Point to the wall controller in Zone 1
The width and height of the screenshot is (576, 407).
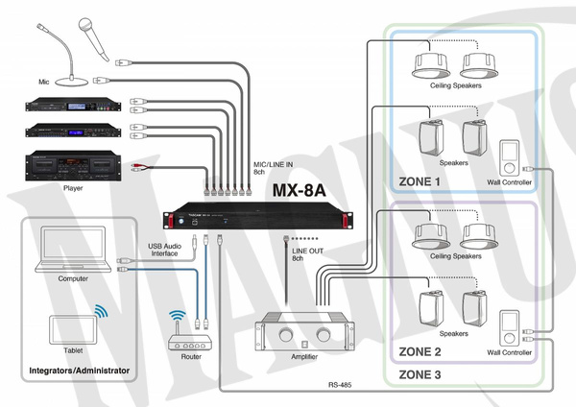(x=510, y=156)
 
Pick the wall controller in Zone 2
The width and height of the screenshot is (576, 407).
(x=510, y=327)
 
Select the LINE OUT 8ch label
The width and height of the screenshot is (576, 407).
(x=305, y=252)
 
